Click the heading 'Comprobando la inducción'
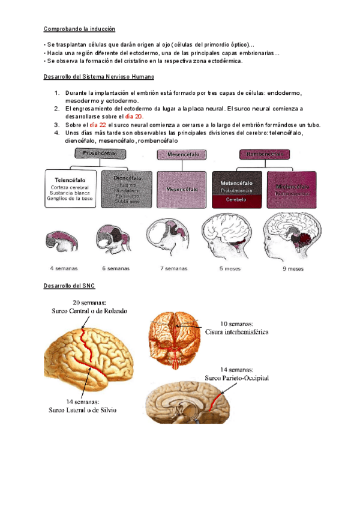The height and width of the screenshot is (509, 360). (x=79, y=29)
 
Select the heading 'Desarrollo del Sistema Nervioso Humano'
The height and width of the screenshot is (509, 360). (x=100, y=77)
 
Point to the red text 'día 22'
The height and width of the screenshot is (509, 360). (x=98, y=125)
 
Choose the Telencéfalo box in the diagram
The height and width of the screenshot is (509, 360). (x=70, y=188)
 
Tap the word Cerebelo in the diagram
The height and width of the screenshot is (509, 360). (x=236, y=202)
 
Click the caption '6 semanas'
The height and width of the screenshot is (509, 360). (x=115, y=268)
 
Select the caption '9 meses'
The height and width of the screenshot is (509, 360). (x=292, y=268)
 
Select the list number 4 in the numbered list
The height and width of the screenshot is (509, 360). (x=55, y=133)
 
